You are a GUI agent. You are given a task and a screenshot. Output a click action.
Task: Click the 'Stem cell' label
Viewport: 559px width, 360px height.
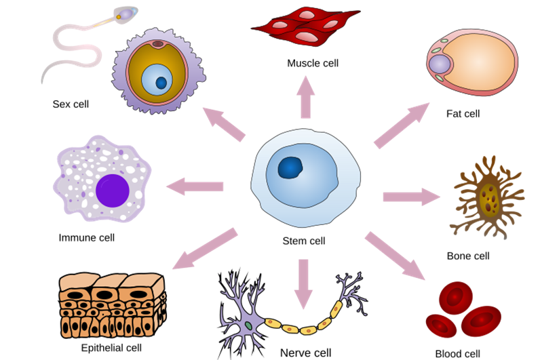[x=303, y=241]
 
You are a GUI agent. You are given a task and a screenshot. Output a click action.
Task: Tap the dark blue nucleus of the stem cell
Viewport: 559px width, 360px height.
[x=292, y=167]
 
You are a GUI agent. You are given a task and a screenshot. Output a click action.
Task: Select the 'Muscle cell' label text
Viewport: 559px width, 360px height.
[x=312, y=64]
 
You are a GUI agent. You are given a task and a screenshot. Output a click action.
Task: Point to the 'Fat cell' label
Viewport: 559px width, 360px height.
[x=463, y=114]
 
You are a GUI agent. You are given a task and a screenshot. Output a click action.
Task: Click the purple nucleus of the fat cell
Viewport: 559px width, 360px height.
[x=440, y=65]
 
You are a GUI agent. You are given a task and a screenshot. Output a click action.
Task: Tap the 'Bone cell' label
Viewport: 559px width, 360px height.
[x=467, y=256]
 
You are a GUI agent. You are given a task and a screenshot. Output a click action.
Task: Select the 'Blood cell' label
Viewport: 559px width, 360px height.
[x=457, y=353]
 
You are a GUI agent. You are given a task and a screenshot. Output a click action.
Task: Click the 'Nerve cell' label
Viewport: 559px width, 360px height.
[x=305, y=353]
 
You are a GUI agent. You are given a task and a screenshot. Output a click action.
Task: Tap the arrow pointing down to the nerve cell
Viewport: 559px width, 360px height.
[x=303, y=281]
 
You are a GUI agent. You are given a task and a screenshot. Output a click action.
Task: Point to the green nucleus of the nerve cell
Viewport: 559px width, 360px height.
[x=249, y=326]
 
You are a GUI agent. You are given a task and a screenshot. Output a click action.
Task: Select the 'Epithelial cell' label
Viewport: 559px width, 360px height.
[x=111, y=348]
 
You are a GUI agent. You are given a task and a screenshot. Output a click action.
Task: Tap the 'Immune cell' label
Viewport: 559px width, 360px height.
[x=86, y=238]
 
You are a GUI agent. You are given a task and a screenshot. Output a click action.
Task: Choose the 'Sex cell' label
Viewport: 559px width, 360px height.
[x=71, y=104]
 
